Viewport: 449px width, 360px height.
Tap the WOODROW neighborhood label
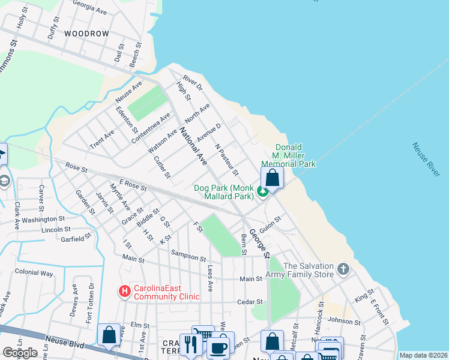[87, 34]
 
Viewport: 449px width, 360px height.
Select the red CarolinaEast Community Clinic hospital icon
[125, 292]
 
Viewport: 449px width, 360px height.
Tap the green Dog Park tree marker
[262, 192]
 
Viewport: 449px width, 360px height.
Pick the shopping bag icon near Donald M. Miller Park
[273, 178]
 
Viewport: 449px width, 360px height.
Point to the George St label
[261, 241]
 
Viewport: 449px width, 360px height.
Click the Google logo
[20, 353]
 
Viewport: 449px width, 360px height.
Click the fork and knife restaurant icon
[190, 344]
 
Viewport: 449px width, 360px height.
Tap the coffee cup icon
[218, 347]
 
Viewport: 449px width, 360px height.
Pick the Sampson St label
[187, 256]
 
